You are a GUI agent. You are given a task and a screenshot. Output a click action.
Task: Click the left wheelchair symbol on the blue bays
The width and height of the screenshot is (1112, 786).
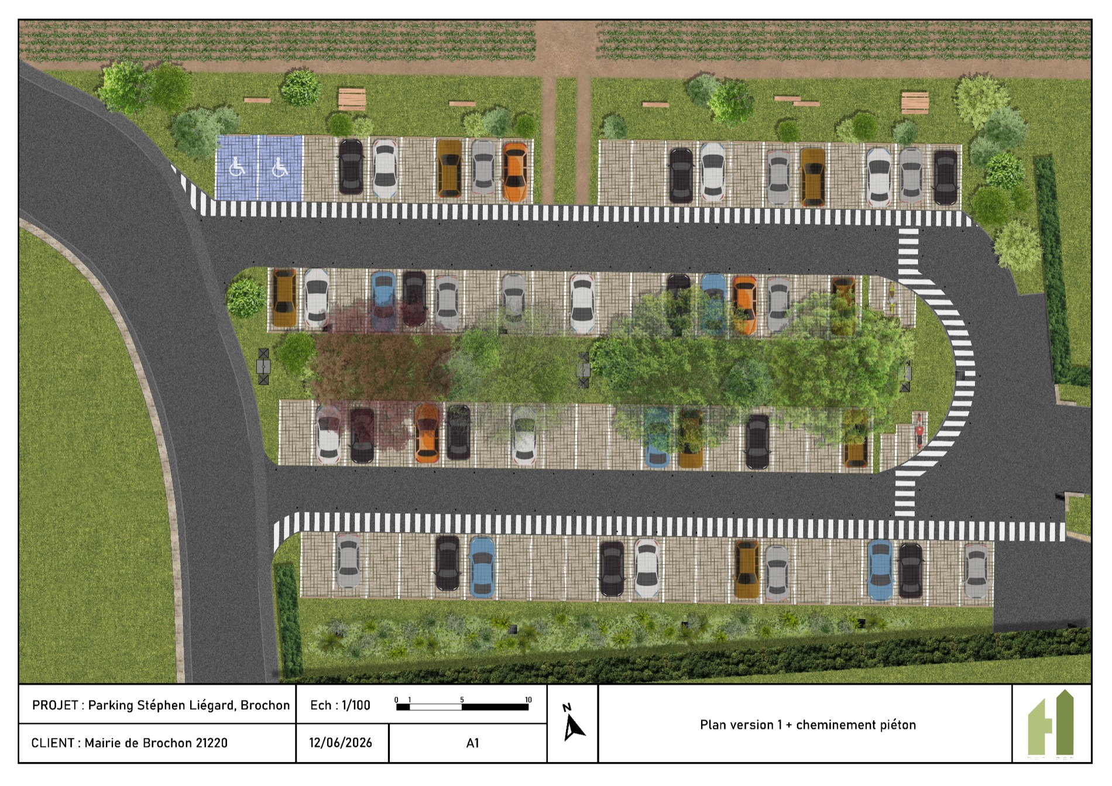point(237,167)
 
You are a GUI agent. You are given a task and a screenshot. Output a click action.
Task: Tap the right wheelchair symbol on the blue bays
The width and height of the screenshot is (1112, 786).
point(280,168)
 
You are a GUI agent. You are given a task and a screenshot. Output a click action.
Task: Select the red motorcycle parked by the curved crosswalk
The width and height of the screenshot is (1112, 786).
point(919,430)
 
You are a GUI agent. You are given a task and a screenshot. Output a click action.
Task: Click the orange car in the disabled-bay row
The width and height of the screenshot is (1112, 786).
point(515,171)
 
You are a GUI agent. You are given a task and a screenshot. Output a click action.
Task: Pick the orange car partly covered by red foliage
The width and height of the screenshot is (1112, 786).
point(427,434)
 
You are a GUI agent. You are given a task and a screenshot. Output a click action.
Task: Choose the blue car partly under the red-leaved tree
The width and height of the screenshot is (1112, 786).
point(383,301)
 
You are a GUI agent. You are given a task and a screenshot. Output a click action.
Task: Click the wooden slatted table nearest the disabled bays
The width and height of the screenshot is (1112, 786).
point(352,99)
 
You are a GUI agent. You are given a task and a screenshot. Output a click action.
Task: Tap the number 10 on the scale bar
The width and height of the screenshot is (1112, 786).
point(528,700)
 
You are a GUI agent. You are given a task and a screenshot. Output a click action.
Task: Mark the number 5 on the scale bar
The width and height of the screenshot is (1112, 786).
point(462,700)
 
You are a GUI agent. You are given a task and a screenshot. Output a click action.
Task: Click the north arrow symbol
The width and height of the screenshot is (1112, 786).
point(572,723)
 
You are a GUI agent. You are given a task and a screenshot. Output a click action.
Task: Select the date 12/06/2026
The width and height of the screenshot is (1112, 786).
point(341,743)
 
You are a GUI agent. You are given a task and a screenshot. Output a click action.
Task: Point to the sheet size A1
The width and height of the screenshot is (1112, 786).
point(472,743)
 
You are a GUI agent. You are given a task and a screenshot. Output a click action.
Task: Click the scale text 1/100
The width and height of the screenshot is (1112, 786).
point(356,705)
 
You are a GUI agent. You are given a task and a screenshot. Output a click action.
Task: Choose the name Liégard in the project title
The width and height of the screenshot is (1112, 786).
point(212,706)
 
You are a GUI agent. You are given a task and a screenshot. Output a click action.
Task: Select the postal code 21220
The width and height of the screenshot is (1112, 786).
point(211,743)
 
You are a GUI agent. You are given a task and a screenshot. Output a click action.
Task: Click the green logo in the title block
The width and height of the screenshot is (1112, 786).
point(1051,723)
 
